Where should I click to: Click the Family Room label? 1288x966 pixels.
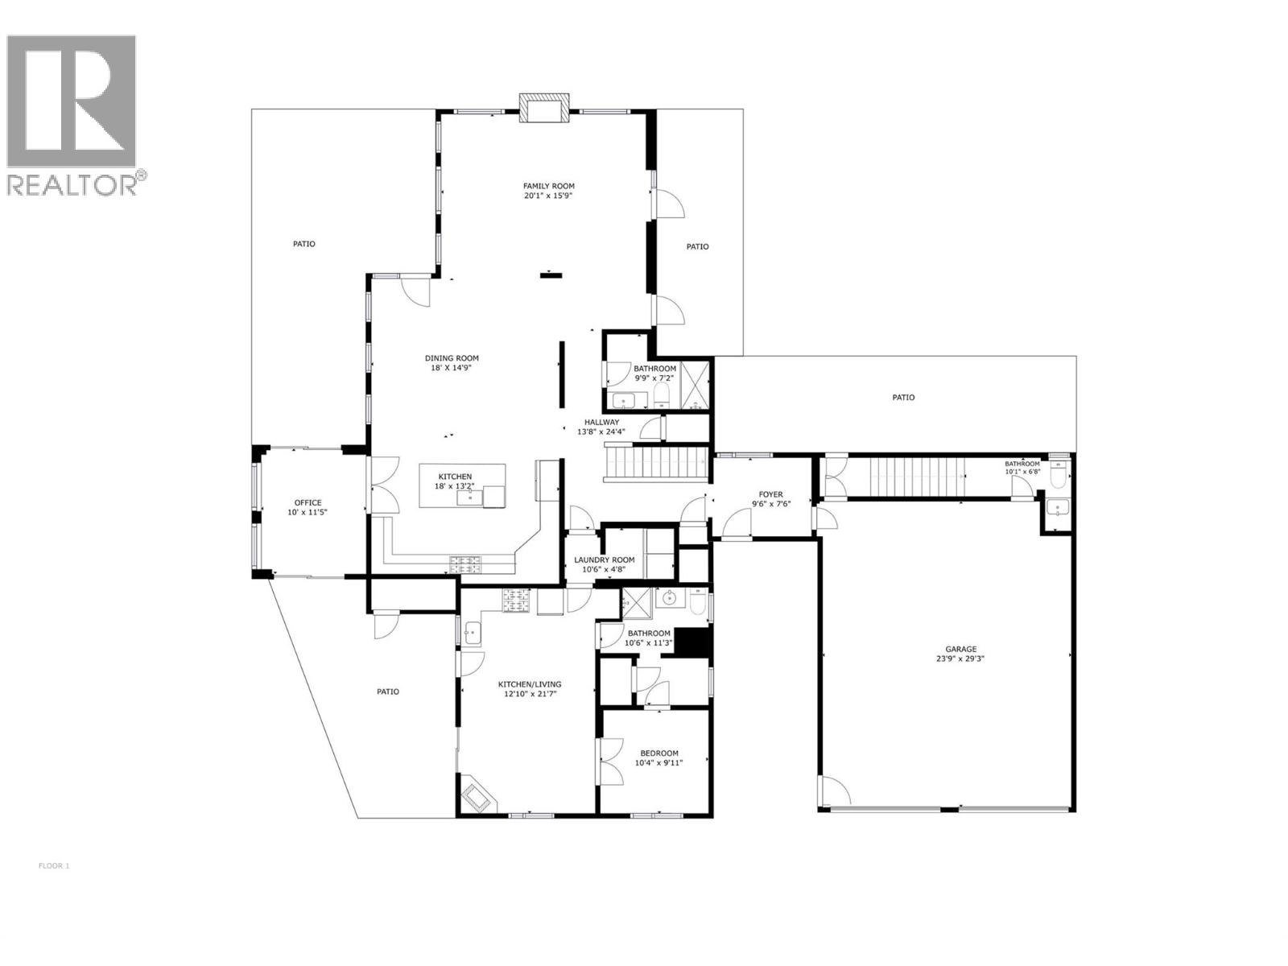click(x=548, y=186)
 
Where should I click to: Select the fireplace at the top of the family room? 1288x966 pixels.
click(x=543, y=109)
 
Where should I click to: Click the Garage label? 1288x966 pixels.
click(x=960, y=649)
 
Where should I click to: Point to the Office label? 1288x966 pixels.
click(x=308, y=503)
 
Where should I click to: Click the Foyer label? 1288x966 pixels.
click(x=770, y=495)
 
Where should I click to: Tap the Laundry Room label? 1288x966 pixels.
click(x=604, y=560)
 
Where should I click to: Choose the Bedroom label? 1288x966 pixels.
click(x=658, y=753)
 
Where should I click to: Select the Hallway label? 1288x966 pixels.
click(x=601, y=422)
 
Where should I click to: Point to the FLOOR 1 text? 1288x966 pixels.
click(x=54, y=866)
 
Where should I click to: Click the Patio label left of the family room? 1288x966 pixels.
click(x=303, y=244)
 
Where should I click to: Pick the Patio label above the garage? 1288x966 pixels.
click(x=903, y=398)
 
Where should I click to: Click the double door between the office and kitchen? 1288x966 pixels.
click(x=384, y=485)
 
